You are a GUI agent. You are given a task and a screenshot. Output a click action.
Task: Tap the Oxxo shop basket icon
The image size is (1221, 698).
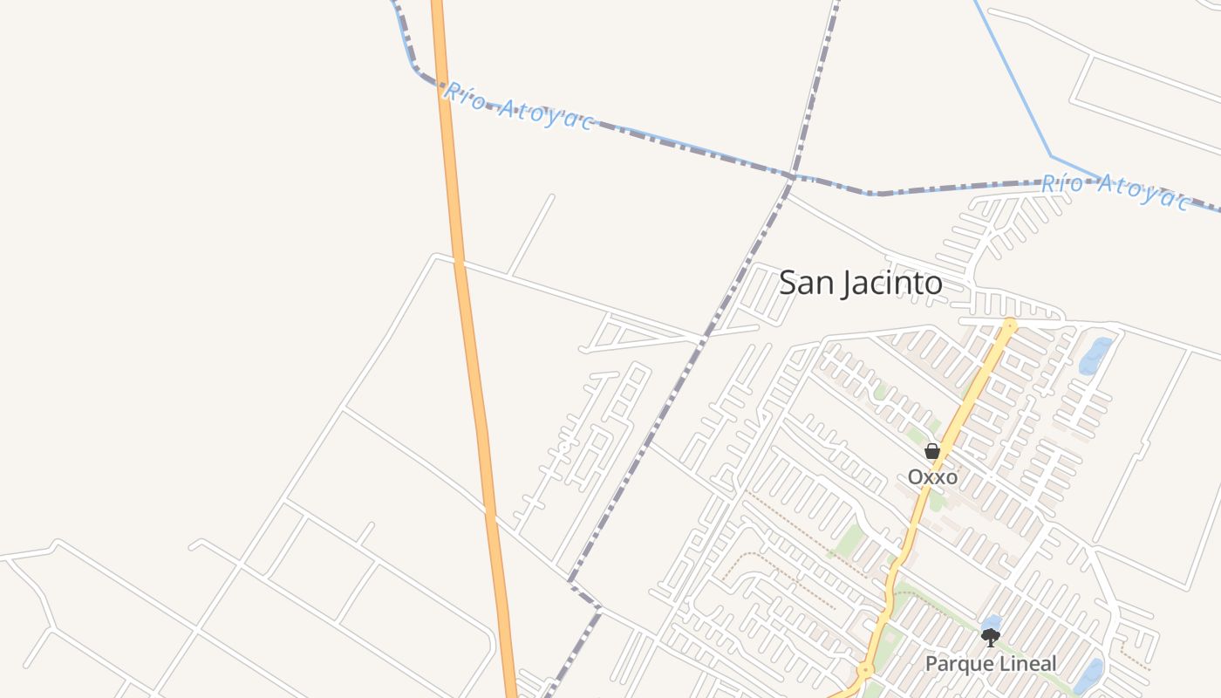pyautogui.click(x=932, y=451)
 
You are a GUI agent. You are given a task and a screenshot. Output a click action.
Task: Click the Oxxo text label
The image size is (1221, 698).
pyautogui.click(x=932, y=477)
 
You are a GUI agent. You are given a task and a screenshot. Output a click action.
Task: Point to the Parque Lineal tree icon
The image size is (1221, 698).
pyautogui.click(x=990, y=638)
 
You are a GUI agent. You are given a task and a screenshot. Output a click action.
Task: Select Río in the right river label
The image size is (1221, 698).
pyautogui.click(x=1062, y=184)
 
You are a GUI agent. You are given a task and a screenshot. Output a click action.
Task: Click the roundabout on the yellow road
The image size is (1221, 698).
pyautogui.click(x=865, y=671)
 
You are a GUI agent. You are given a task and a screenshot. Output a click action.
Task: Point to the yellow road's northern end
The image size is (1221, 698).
pyautogui.click(x=1010, y=325)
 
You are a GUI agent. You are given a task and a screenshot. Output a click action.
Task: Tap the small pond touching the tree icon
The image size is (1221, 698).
pyautogui.click(x=992, y=623)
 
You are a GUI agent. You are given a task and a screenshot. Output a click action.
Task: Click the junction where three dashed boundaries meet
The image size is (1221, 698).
pyautogui.click(x=790, y=176)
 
